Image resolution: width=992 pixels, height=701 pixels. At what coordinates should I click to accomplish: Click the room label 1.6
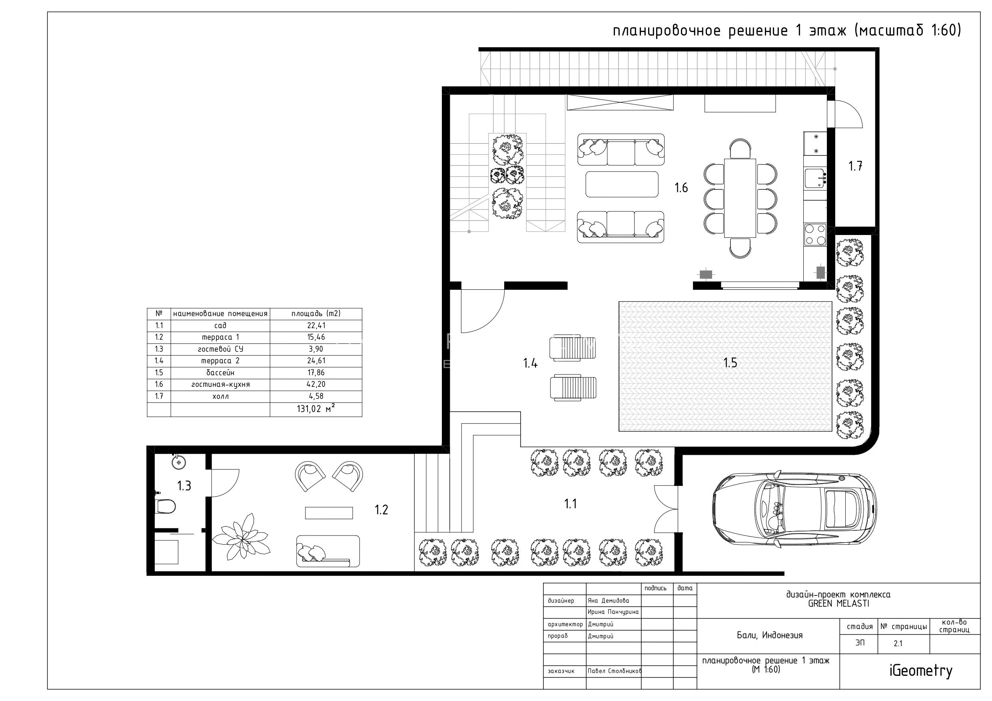point(681,187)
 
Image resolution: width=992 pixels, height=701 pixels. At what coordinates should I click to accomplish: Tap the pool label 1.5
point(730,363)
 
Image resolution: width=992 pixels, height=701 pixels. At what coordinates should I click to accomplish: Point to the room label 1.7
point(855,166)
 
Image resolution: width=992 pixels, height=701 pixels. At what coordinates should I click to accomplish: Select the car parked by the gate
point(794,509)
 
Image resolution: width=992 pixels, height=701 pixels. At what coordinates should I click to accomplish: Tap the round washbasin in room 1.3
point(178,462)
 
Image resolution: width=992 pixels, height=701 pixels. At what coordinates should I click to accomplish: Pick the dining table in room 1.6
point(740,198)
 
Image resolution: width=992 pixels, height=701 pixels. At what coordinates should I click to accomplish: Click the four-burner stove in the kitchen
point(815,235)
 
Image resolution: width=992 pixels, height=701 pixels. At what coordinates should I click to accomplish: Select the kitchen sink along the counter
point(815,178)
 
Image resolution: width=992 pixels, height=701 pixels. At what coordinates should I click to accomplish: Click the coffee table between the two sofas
point(622,184)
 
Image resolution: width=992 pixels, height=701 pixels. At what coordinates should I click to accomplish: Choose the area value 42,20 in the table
point(316,384)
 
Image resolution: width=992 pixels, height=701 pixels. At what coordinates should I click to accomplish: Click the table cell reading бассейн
point(220,373)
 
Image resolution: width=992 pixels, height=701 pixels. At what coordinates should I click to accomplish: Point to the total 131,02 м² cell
point(316,408)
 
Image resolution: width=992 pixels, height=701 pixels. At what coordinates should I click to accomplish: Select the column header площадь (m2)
point(316,314)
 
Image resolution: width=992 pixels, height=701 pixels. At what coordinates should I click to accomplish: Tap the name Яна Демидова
point(608,601)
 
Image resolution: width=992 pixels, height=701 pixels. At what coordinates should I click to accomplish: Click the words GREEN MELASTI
point(838,604)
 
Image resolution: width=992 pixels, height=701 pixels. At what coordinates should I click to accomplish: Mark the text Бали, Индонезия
point(770,635)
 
